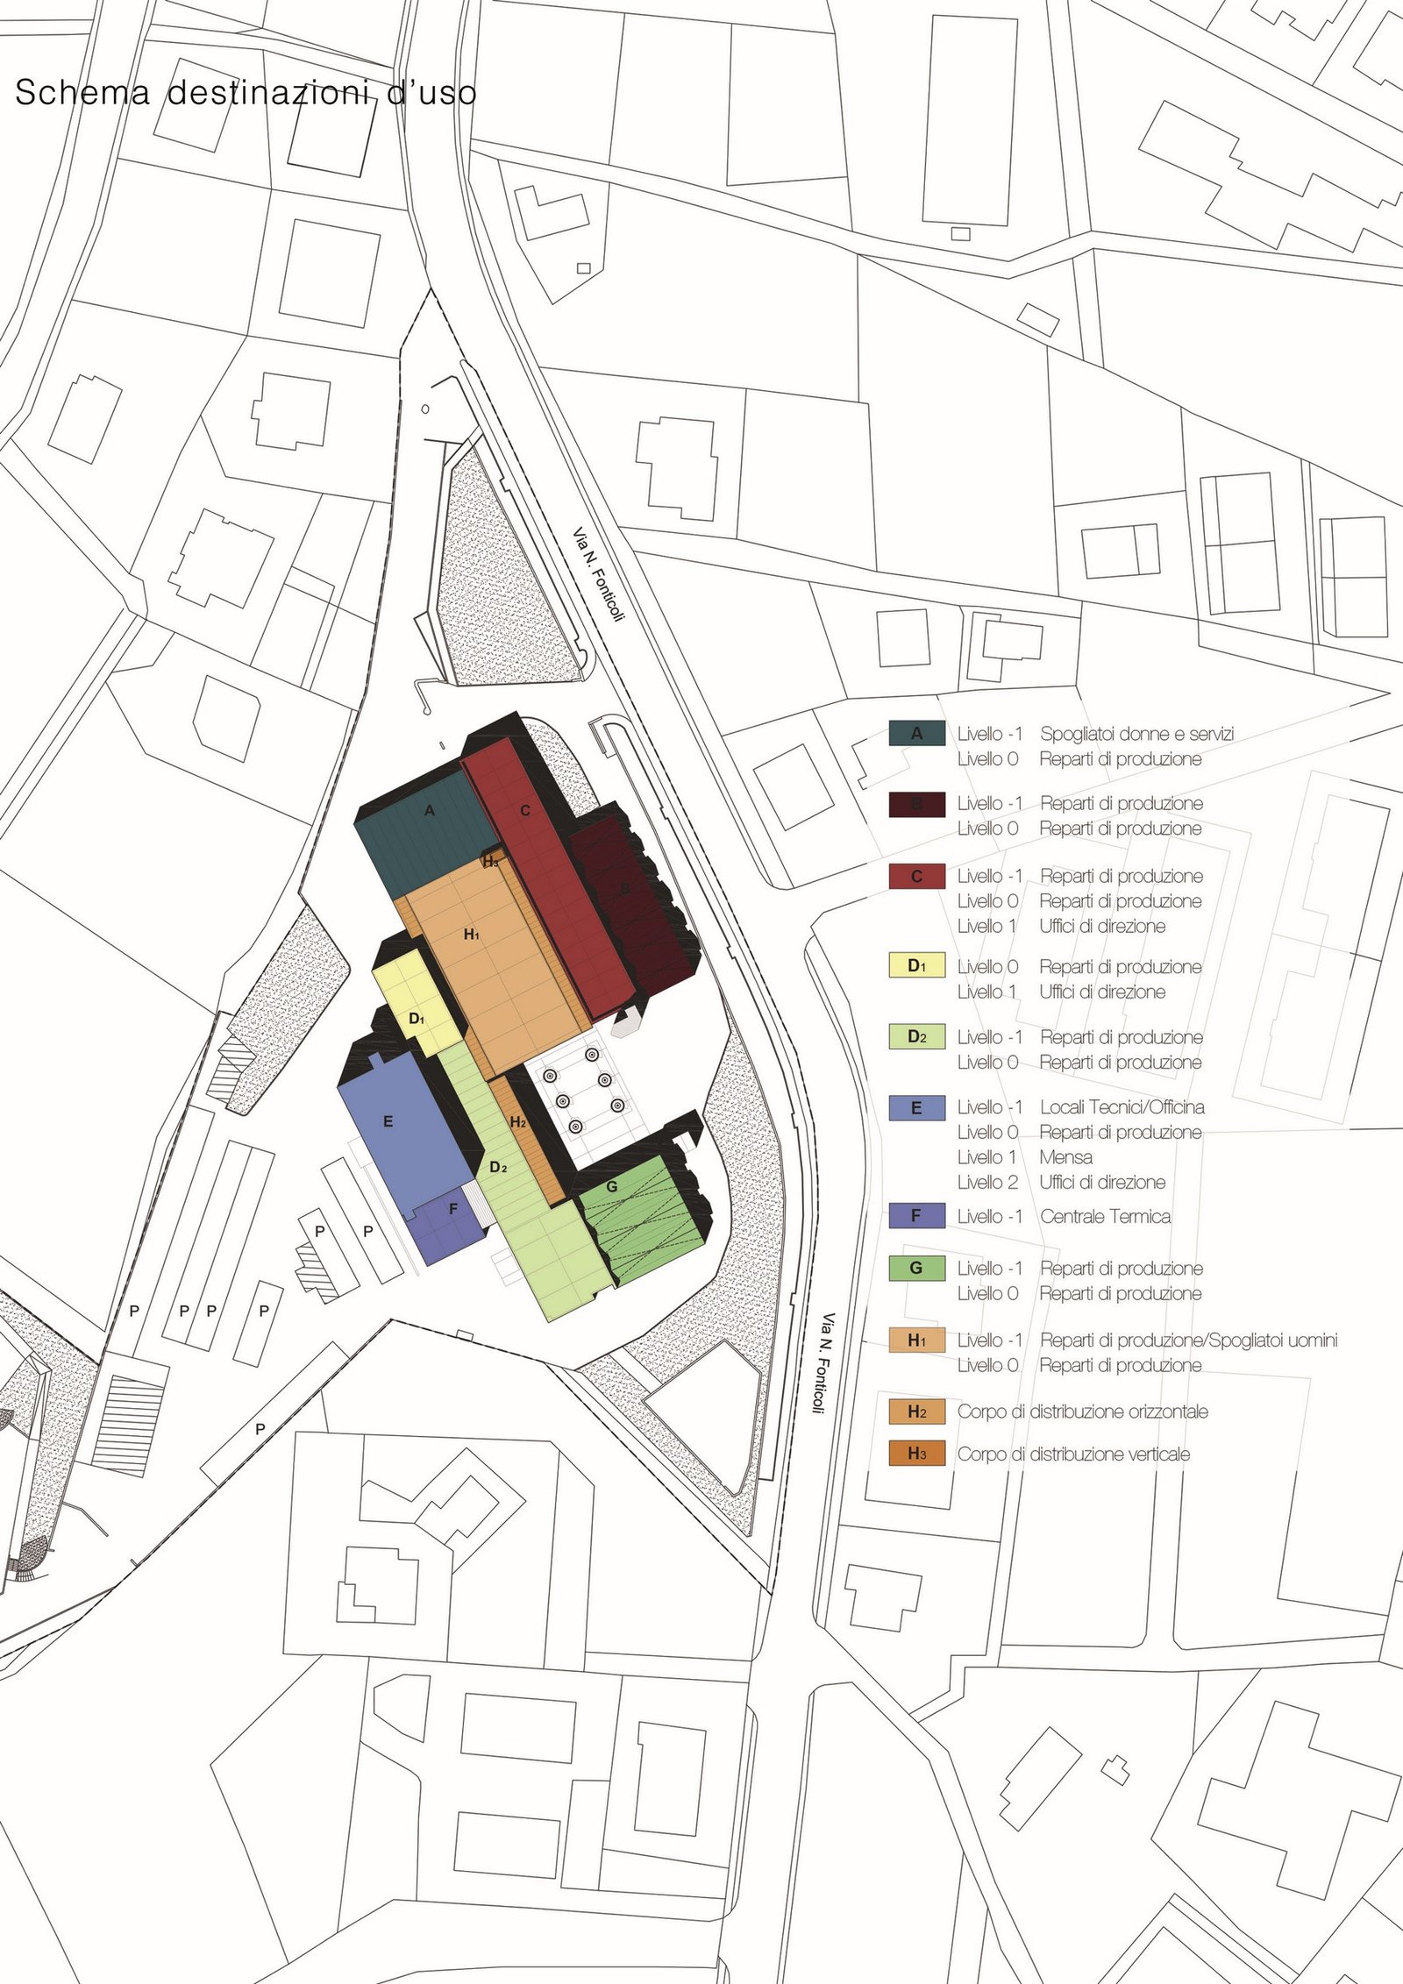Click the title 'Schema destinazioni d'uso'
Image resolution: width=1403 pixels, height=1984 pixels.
(x=246, y=93)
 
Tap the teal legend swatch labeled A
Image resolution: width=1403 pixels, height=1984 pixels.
(x=916, y=734)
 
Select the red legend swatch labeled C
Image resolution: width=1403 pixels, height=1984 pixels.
(x=916, y=876)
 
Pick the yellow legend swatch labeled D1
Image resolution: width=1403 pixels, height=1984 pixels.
(x=916, y=966)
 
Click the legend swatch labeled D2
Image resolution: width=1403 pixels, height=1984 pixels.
(x=916, y=1037)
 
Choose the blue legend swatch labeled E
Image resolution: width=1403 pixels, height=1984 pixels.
(x=916, y=1108)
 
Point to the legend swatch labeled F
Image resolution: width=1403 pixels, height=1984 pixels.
(x=916, y=1216)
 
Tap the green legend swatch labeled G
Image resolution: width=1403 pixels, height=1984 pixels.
(x=916, y=1268)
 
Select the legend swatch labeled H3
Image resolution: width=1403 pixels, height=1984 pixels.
(x=916, y=1454)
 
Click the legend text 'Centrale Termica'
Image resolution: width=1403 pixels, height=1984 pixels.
(x=1105, y=1216)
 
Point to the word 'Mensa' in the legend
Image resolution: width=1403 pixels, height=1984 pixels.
(x=1065, y=1157)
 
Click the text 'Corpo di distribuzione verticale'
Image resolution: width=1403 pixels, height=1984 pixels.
(x=1074, y=1454)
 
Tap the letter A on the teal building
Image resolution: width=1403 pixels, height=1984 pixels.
(x=430, y=811)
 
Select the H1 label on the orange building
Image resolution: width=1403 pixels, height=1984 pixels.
(x=472, y=935)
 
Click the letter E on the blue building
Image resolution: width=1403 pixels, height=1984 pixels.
(x=388, y=1121)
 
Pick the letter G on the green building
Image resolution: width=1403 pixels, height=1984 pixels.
(x=612, y=1187)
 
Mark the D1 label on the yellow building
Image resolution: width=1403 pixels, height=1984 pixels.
(x=417, y=1019)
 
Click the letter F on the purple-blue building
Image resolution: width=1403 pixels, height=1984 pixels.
(x=453, y=1209)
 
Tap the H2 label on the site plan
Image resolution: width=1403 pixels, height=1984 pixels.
(x=517, y=1122)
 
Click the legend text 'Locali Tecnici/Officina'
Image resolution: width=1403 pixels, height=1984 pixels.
(x=1122, y=1107)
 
